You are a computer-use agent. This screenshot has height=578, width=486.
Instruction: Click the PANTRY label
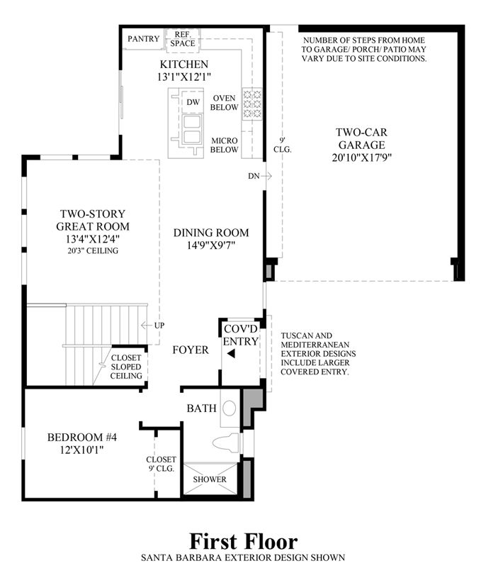point(143,39)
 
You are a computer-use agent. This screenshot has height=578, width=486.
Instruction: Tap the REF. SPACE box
point(183,39)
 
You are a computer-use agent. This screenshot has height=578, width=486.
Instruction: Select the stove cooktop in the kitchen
point(252,104)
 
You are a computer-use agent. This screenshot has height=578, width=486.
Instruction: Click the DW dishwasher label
point(193,102)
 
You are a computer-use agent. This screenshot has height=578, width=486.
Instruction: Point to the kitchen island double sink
point(192,128)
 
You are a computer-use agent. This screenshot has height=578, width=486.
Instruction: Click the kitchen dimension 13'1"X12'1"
point(183,77)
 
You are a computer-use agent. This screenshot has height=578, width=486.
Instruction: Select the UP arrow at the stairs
point(147,326)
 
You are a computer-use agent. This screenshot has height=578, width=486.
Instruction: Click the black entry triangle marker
point(231,354)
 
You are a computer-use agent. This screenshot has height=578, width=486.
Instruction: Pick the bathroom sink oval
point(230,409)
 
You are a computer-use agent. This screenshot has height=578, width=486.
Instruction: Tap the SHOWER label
point(210,479)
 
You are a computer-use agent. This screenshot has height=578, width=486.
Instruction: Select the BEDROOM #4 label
point(81,437)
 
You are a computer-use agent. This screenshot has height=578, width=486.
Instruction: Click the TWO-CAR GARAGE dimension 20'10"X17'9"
point(361,157)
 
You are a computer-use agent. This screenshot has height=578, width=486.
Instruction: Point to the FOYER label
point(191,350)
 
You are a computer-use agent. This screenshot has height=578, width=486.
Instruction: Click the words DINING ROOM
point(211,233)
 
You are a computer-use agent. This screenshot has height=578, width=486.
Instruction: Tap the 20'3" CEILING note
point(92,250)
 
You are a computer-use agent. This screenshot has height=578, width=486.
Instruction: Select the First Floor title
point(244,542)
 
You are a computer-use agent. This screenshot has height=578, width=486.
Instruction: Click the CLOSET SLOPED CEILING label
point(126,367)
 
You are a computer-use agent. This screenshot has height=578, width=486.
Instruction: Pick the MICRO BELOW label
point(224,145)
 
